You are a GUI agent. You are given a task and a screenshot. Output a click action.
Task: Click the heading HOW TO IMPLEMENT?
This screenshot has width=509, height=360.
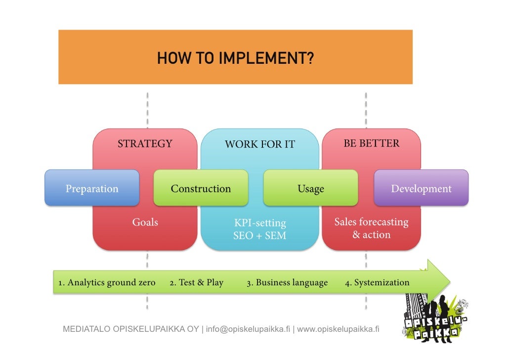pyautogui.click(x=235, y=59)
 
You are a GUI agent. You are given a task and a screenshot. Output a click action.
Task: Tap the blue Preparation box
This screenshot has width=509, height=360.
pyautogui.click(x=92, y=188)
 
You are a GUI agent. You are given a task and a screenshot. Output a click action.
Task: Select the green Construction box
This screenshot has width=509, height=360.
pyautogui.click(x=201, y=188)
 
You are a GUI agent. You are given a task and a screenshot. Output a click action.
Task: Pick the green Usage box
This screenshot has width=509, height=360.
pyautogui.click(x=310, y=188)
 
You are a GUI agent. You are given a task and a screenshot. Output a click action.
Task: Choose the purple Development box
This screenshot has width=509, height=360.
pyautogui.click(x=421, y=188)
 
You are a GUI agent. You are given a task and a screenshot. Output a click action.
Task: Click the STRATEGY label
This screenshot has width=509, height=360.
pyautogui.click(x=145, y=144)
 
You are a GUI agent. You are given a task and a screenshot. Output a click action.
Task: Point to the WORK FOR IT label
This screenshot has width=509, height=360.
pyautogui.click(x=259, y=144)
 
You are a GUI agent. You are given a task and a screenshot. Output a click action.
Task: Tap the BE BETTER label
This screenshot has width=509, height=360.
pyautogui.click(x=372, y=144)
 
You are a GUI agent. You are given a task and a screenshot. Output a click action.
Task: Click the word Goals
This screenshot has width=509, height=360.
pyautogui.click(x=145, y=222)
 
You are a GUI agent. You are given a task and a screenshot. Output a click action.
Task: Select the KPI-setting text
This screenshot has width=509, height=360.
pyautogui.click(x=260, y=223)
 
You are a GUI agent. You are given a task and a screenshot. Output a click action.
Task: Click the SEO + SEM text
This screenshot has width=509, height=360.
pyautogui.click(x=260, y=236)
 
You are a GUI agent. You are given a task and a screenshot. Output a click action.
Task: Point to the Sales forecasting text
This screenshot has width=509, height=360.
pyautogui.click(x=372, y=222)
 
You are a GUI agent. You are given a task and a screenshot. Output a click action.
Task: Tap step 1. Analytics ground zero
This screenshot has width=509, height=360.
pyautogui.click(x=106, y=283)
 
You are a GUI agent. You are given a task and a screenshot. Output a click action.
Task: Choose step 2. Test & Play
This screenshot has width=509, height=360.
pyautogui.click(x=196, y=283)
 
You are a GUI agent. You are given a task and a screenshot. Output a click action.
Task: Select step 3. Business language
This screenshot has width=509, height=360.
pyautogui.click(x=287, y=283)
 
